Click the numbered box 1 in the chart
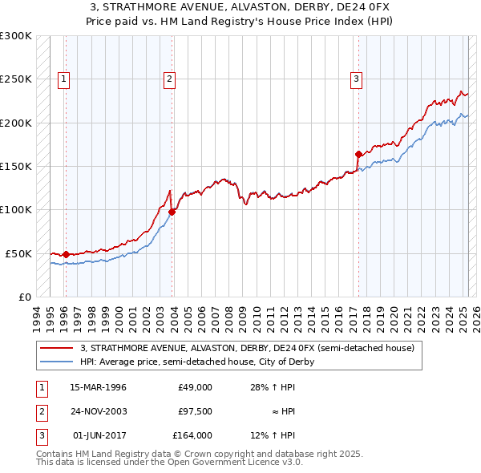pos(63,79)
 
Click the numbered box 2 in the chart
pos(170,79)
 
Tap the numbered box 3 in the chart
pos(356,79)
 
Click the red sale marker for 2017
pos(358,154)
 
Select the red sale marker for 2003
pos(172,212)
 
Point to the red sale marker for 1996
pos(66,254)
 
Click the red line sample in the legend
pos(57,348)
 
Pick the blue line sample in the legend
pos(57,362)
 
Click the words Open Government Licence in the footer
pos(228,463)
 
